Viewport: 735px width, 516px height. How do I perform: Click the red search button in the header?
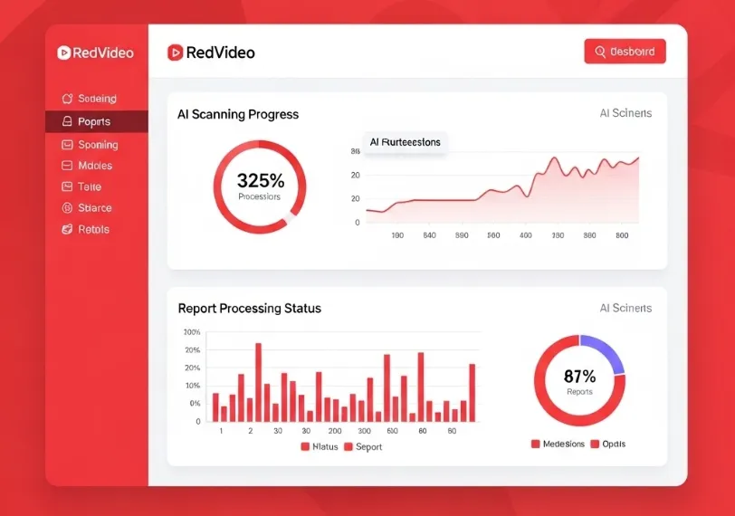[625, 52]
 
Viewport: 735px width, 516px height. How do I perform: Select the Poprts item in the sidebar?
[94, 121]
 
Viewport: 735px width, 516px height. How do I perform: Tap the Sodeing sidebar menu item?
[96, 99]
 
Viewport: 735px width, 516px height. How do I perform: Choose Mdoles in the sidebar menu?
[94, 166]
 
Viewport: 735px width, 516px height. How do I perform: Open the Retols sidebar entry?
[92, 229]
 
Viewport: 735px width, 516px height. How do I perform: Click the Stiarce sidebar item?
[94, 208]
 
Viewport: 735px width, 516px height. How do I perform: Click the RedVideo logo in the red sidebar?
[95, 53]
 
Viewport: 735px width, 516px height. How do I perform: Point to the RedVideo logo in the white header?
[211, 53]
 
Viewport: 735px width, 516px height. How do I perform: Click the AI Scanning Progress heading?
[238, 115]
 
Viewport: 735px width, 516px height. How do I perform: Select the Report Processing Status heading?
[249, 309]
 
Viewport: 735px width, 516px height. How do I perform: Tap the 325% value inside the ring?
[260, 180]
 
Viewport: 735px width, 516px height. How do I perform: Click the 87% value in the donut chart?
[579, 377]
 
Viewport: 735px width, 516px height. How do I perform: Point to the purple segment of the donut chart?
[604, 352]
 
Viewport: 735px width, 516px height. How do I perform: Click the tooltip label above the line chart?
[405, 142]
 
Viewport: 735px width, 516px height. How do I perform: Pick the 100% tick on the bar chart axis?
[192, 333]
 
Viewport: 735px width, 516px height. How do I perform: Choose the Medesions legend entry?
[558, 444]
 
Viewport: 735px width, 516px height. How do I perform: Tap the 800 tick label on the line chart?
[622, 235]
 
